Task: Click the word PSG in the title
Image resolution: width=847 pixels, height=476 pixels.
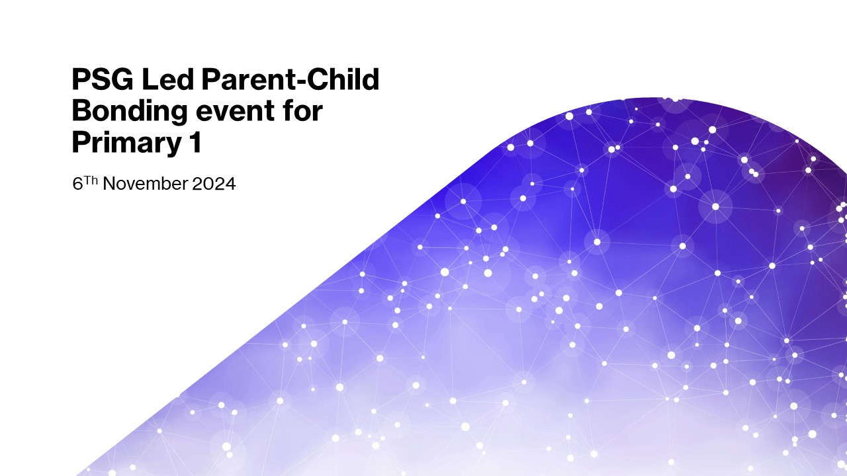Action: tap(103, 79)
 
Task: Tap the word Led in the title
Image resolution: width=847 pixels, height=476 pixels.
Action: tap(168, 79)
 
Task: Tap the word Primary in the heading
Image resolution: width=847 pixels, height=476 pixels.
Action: tap(127, 144)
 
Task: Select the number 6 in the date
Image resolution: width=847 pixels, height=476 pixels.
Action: tap(77, 184)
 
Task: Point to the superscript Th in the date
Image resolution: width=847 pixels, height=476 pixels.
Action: tap(91, 180)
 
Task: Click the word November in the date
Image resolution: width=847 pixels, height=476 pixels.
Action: tap(145, 184)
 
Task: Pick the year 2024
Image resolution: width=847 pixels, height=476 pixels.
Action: tap(214, 184)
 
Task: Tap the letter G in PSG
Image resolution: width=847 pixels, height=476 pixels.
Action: tap(122, 79)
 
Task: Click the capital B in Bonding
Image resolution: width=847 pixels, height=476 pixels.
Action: tap(82, 110)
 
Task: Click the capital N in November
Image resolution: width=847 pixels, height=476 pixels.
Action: tap(109, 184)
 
